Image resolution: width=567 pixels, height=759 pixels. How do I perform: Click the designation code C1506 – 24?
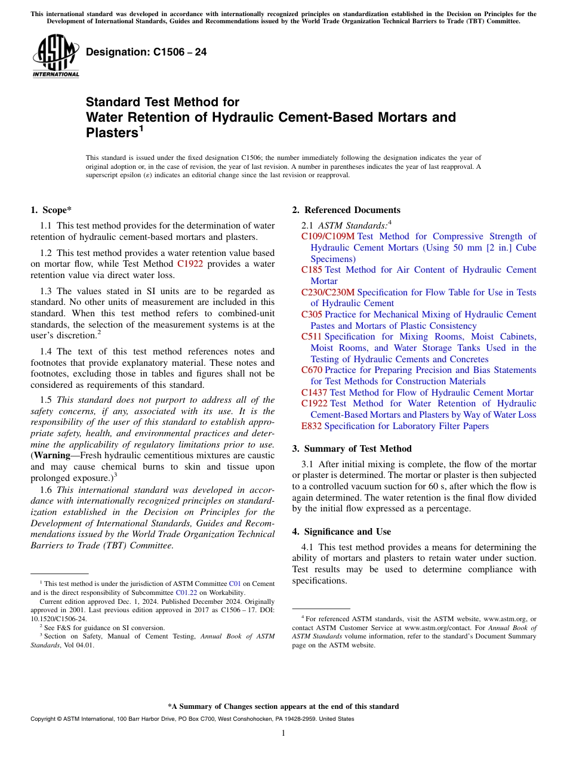pyautogui.click(x=146, y=52)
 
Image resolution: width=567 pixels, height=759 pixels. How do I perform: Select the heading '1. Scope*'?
pyautogui.click(x=51, y=209)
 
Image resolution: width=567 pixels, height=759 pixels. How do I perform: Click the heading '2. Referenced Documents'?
pyautogui.click(x=346, y=209)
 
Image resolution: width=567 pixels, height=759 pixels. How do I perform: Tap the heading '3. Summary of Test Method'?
pyautogui.click(x=352, y=449)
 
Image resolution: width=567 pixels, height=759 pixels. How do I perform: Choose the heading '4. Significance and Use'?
pyautogui.click(x=341, y=531)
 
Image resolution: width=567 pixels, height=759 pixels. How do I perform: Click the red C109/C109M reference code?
pyautogui.click(x=328, y=236)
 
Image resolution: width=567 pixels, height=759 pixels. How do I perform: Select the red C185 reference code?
pyautogui.click(x=312, y=270)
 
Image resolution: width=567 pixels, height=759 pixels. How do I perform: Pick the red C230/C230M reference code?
pyautogui.click(x=328, y=292)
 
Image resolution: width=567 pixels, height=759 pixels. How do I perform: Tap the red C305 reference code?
pyautogui.click(x=312, y=314)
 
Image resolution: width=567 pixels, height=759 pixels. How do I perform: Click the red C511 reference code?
pyautogui.click(x=312, y=337)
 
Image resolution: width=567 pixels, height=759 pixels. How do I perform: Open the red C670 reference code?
pyautogui.click(x=312, y=370)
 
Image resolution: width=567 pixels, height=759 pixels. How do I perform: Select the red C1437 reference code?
pyautogui.click(x=314, y=393)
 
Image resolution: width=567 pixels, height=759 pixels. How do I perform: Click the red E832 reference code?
pyautogui.click(x=312, y=426)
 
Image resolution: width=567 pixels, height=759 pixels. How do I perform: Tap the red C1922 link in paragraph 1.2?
pyautogui.click(x=190, y=264)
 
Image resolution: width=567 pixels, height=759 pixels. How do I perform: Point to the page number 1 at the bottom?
pyautogui.click(x=283, y=733)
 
